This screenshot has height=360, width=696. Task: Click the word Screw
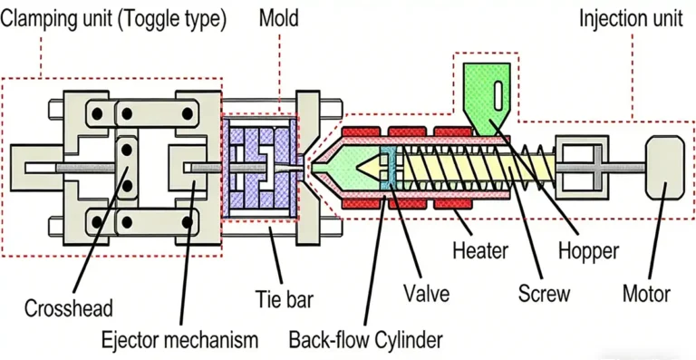(544, 294)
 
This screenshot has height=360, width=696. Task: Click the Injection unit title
(626, 17)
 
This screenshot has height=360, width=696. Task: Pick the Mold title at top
(279, 17)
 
